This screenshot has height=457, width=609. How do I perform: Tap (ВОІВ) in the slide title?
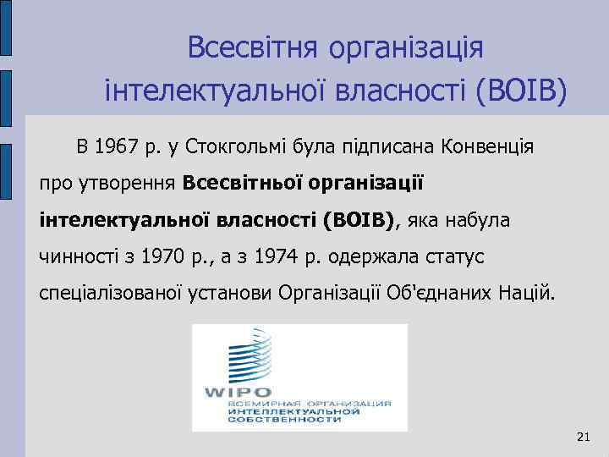[521, 88]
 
